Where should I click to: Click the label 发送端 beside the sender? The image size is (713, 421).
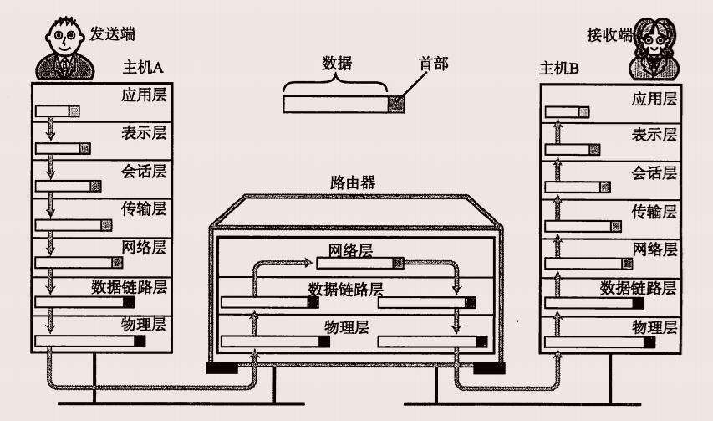tap(113, 34)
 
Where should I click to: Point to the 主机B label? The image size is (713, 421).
tap(560, 68)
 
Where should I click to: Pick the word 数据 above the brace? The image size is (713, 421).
tap(337, 63)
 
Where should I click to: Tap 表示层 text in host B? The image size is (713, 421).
tap(654, 134)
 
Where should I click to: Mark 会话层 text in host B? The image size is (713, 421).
tap(654, 173)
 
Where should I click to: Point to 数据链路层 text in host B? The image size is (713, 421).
tap(639, 288)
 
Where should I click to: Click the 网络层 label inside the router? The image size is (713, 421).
tap(351, 249)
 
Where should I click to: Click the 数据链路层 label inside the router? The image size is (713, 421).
tap(345, 289)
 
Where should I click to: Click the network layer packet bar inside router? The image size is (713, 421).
tap(360, 263)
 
